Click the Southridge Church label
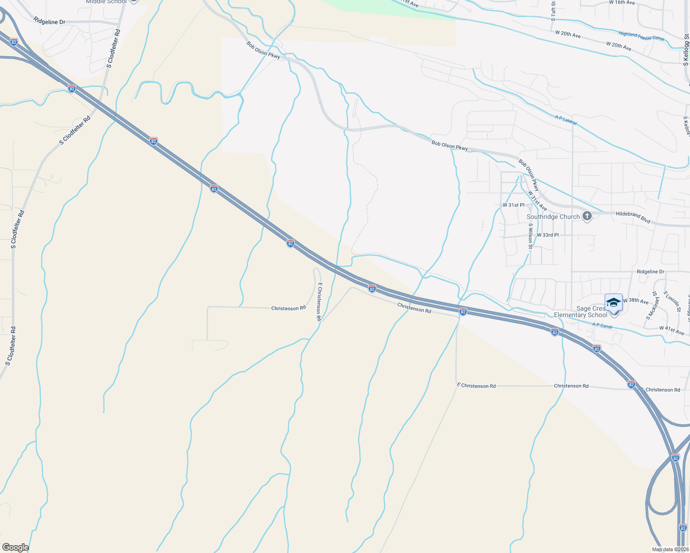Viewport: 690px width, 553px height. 553,217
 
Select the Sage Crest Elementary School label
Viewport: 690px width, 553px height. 581,312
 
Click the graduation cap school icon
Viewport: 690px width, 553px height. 613,303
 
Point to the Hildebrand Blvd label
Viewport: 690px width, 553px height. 633,217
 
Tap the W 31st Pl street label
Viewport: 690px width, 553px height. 513,205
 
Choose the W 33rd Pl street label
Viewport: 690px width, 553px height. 547,235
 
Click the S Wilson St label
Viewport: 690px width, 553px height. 531,236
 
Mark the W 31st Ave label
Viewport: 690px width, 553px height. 537,201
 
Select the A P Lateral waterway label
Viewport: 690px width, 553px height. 566,120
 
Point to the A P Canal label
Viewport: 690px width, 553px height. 602,325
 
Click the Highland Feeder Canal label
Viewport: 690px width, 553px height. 641,36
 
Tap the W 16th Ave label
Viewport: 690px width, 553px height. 622,3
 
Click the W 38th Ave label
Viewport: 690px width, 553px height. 635,301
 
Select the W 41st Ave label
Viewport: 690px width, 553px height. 672,330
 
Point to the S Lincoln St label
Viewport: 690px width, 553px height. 672,301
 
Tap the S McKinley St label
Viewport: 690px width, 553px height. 652,305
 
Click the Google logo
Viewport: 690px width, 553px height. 15,547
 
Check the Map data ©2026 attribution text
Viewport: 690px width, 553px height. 669,549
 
